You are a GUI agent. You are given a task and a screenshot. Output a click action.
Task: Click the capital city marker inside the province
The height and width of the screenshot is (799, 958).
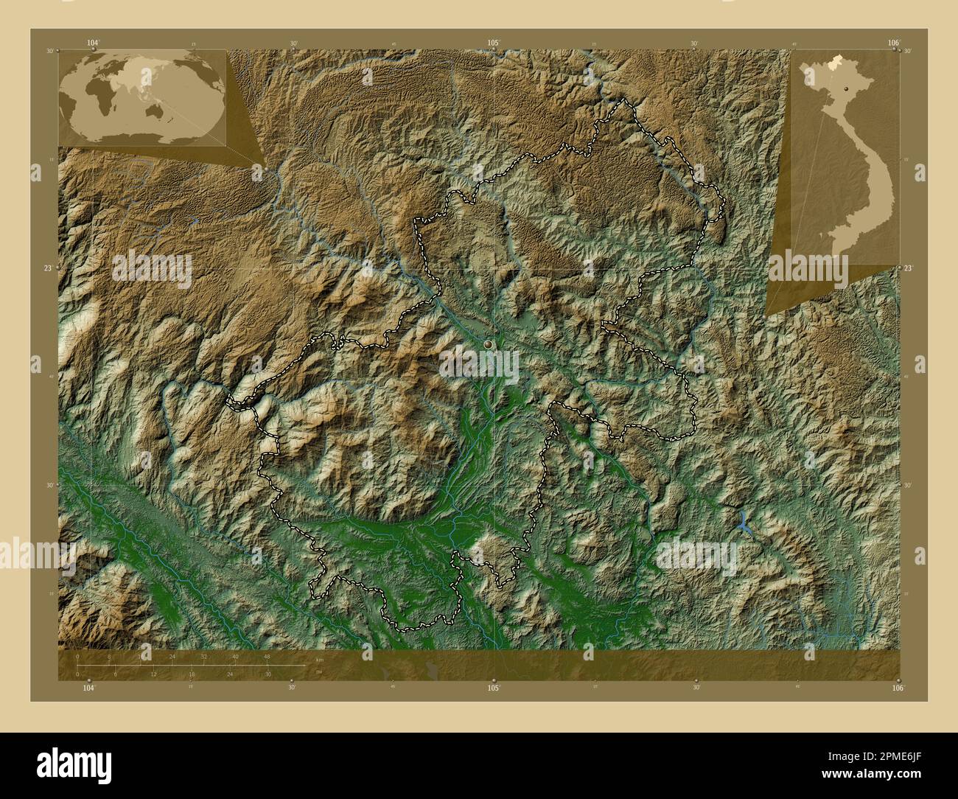click(487, 344)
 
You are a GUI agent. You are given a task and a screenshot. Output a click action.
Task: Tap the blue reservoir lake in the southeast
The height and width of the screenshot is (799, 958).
click(743, 522)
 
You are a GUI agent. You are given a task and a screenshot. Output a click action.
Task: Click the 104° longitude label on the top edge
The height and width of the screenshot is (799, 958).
click(92, 43)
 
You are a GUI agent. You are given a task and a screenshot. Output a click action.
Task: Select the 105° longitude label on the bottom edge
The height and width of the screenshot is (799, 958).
click(494, 688)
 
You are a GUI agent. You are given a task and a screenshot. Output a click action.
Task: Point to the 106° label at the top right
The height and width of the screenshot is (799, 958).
click(893, 43)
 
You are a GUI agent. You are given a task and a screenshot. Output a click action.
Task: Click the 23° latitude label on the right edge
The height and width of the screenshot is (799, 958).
click(908, 268)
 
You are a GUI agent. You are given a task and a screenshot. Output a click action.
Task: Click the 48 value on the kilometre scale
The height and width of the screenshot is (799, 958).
click(267, 657)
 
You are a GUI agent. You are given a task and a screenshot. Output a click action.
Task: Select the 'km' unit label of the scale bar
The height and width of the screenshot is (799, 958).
click(319, 659)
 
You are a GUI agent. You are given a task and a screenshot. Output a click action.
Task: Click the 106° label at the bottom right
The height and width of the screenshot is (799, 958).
click(897, 688)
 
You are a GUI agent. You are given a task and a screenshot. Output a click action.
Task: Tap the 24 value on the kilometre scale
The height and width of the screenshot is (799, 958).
click(172, 657)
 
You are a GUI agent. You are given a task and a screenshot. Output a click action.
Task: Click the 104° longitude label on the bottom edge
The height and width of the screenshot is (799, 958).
click(88, 688)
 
